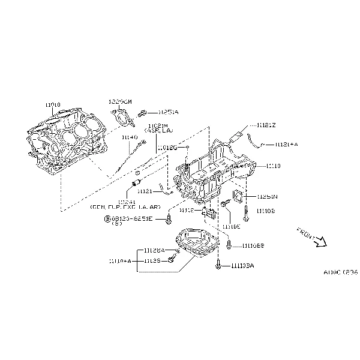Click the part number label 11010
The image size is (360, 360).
coord(53,104)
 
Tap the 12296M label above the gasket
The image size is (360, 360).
coord(120,101)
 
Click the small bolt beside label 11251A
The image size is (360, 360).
coord(142,112)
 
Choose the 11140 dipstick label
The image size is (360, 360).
coord(130,137)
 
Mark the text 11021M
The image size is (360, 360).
coord(157,124)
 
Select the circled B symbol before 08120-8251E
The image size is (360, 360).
coord(107,218)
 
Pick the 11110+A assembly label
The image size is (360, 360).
coord(120,261)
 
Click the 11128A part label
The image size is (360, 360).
coord(154,250)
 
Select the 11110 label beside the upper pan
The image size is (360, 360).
coord(273,165)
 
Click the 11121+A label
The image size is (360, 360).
coord(286,145)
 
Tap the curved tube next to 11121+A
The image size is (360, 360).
coord(259,143)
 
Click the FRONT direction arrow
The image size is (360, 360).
coord(320,240)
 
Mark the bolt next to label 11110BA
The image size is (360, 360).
coord(220,265)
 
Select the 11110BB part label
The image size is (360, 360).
coord(253,246)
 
